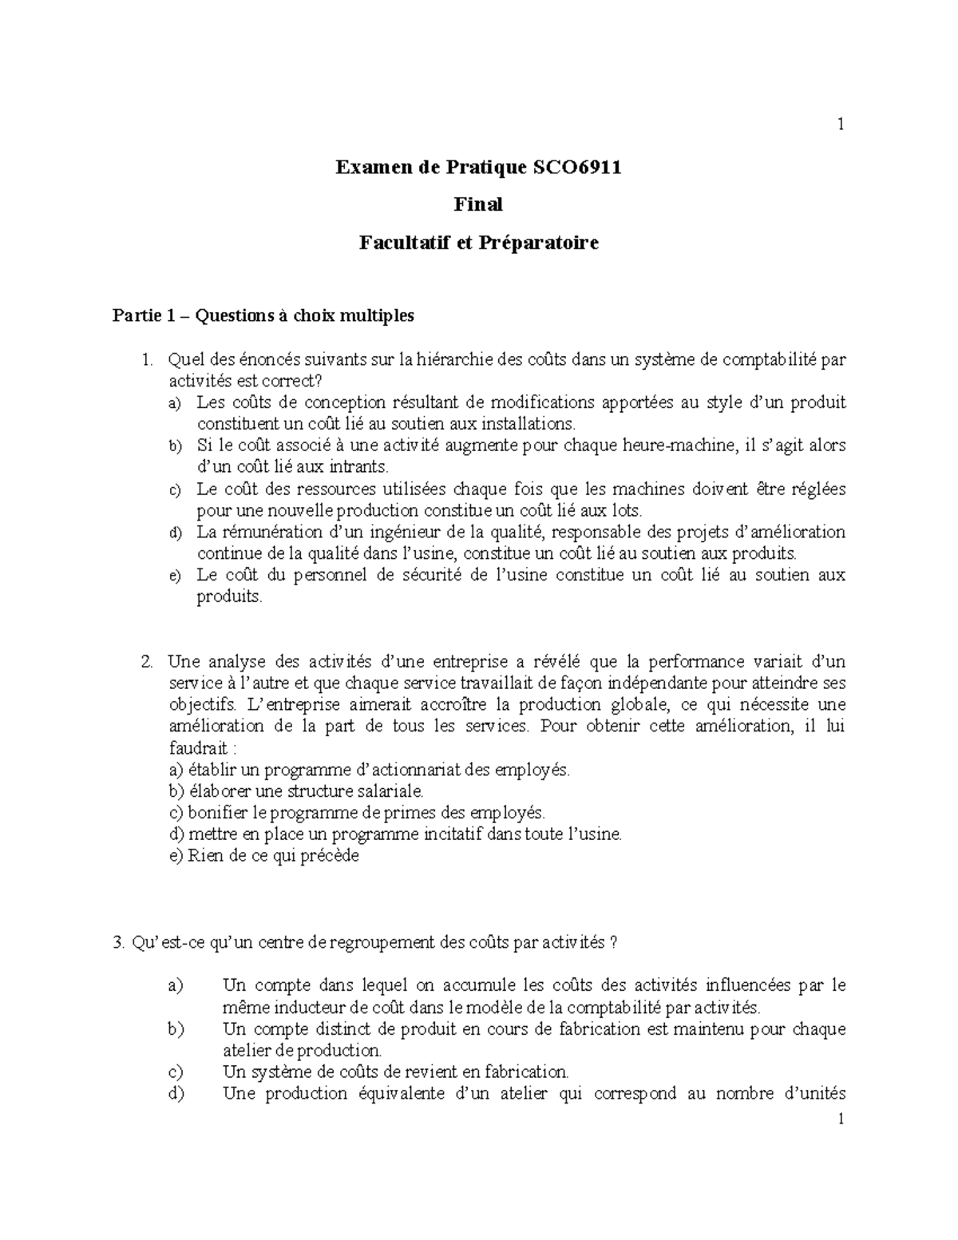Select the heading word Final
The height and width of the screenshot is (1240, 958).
click(x=478, y=205)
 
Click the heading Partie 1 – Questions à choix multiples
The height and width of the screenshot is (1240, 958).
click(x=263, y=316)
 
